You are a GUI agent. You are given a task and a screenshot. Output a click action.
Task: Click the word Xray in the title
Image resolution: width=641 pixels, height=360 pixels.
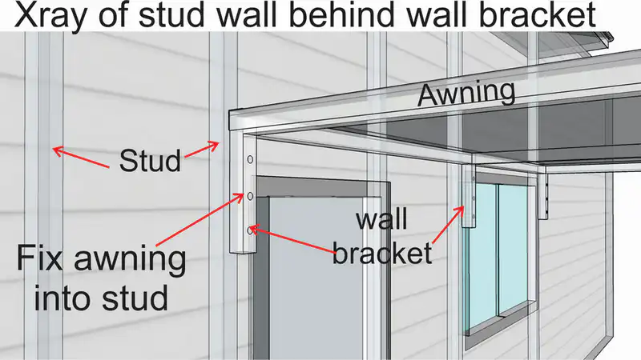(x=57, y=15)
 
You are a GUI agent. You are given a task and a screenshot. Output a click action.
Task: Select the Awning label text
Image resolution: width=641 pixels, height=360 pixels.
(x=466, y=94)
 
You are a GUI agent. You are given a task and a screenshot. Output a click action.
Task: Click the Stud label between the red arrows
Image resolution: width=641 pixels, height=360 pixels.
(x=150, y=161)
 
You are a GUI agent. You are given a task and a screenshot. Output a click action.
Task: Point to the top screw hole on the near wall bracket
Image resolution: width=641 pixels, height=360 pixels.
(x=250, y=159)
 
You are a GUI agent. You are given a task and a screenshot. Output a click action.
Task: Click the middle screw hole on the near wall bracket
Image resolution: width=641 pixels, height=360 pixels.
(x=250, y=196)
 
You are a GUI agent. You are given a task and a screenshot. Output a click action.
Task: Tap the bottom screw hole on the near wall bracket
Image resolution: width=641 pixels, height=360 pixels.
(x=250, y=230)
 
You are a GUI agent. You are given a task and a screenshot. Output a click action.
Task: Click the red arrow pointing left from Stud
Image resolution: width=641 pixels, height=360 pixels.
(x=82, y=158)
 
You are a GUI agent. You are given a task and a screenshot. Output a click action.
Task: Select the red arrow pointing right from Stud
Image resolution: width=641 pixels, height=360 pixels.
(x=202, y=149)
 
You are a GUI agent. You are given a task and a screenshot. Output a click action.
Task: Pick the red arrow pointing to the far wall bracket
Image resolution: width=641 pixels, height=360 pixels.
(x=448, y=226)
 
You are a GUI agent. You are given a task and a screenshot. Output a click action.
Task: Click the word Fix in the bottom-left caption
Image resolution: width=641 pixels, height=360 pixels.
(x=40, y=258)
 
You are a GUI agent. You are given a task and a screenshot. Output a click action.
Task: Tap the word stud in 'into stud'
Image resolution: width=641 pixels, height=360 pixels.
(x=135, y=298)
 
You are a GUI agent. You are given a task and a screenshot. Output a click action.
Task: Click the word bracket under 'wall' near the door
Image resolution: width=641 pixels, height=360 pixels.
(x=382, y=253)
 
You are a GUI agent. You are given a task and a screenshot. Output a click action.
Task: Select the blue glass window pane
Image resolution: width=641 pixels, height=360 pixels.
(x=498, y=254)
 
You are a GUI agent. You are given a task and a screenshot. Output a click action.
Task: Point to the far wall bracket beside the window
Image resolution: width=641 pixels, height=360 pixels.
(x=469, y=197)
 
